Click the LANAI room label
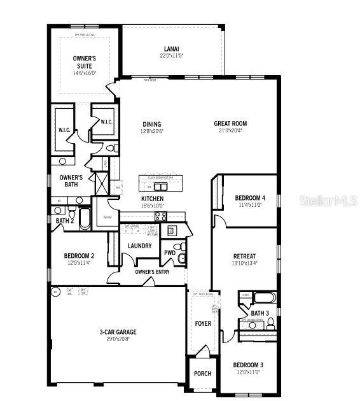tap(171, 48)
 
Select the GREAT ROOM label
tap(230, 123)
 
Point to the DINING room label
tap(152, 124)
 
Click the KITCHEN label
tap(152, 199)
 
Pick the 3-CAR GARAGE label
tap(118, 332)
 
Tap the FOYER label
tap(203, 324)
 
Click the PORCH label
tap(202, 374)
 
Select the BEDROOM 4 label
tap(250, 198)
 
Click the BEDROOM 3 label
tap(249, 365)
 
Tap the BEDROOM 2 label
tap(79, 256)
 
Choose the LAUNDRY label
tap(139, 246)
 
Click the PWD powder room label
tap(169, 253)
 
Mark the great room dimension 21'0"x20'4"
tap(230, 131)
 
